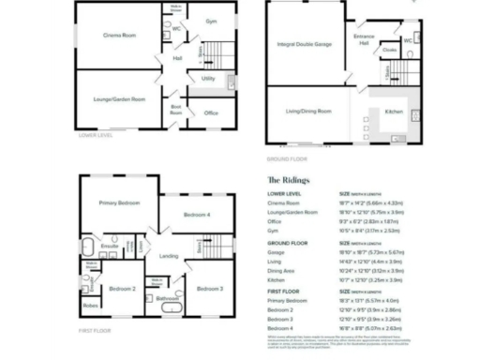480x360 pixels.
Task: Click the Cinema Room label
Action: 119,35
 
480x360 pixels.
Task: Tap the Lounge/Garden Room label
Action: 119,98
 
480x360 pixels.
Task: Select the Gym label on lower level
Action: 211,21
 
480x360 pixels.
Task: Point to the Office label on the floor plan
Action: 211,113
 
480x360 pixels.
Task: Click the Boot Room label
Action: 175,109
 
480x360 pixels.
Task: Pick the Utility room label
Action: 208,79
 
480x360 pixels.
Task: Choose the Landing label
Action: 169,255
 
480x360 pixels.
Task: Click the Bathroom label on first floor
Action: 168,299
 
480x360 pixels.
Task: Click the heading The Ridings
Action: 286,179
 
